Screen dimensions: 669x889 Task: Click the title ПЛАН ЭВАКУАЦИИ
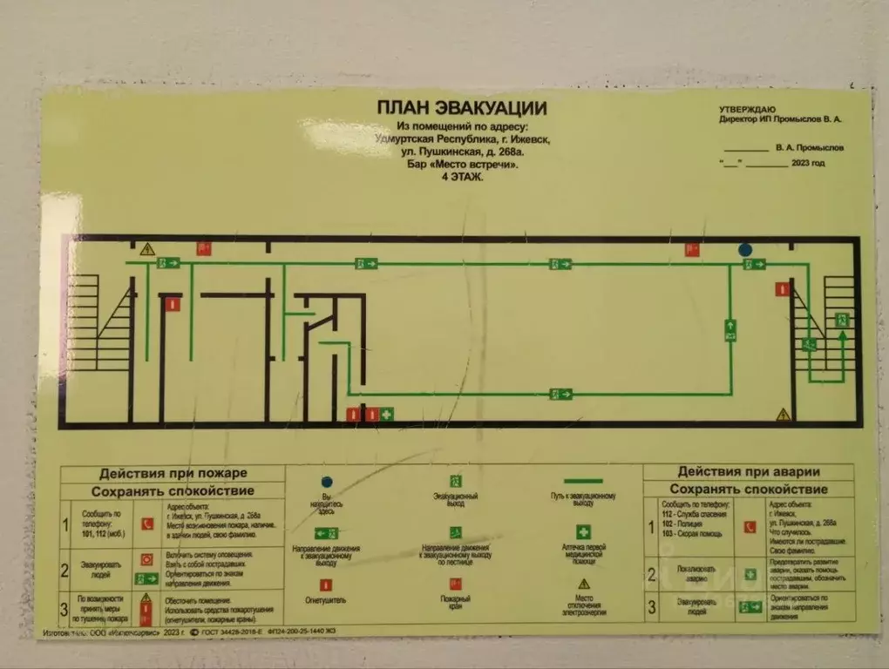point(461,108)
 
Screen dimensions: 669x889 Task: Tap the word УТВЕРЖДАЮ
point(746,108)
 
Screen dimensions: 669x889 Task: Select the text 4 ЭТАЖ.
point(461,177)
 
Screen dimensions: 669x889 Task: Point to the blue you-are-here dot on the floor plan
point(744,250)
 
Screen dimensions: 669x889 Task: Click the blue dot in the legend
point(327,481)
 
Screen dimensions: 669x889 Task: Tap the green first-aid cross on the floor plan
point(387,414)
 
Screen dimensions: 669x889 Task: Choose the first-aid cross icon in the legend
point(583,530)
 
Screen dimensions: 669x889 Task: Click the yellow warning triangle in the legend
point(583,582)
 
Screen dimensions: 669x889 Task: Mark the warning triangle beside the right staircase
point(784,414)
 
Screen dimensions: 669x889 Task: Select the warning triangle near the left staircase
point(147,249)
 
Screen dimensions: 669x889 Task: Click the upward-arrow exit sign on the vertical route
point(730,329)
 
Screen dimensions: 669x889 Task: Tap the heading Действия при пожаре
point(173,473)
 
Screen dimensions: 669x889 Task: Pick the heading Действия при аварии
point(749,471)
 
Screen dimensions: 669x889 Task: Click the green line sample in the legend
point(583,481)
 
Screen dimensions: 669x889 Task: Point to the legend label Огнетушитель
point(327,600)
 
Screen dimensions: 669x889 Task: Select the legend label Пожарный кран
point(455,600)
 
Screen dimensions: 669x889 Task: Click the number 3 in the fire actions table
point(64,607)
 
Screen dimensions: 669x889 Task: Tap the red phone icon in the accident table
point(749,527)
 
